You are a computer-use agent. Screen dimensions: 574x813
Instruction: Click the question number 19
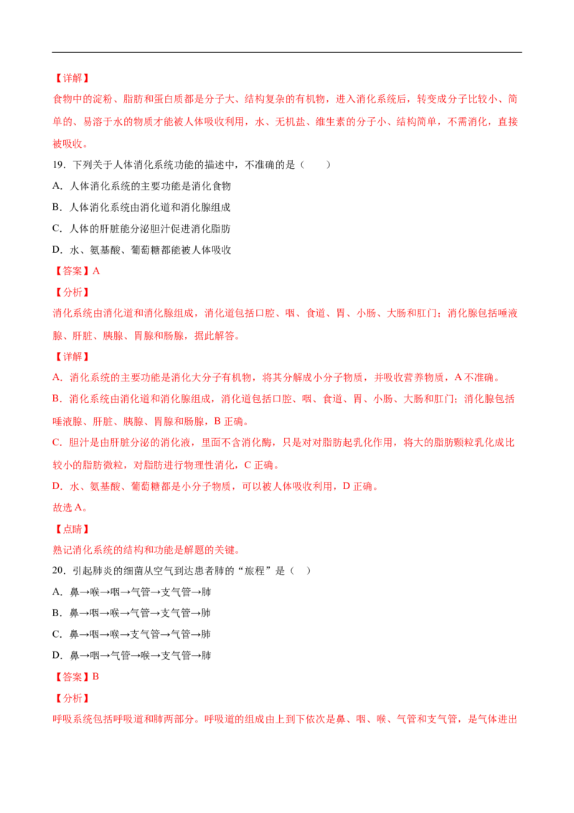(x=59, y=165)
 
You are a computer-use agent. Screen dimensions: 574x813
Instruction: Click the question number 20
(x=59, y=571)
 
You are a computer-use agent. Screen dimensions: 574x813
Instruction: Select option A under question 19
(x=142, y=186)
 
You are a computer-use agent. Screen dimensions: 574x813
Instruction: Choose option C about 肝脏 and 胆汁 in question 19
(x=141, y=228)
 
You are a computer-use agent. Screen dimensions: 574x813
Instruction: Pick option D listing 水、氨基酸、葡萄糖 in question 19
(x=142, y=250)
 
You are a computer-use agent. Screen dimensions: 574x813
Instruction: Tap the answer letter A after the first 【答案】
(x=96, y=271)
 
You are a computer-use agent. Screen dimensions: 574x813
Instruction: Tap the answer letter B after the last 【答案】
(x=95, y=677)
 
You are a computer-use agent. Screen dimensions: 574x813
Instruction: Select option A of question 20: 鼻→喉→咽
(x=131, y=592)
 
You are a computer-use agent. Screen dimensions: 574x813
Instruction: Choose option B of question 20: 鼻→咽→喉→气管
(x=131, y=613)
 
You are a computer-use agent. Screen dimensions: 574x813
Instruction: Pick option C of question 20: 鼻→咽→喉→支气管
(x=131, y=634)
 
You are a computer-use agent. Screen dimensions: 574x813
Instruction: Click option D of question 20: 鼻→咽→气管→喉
(x=131, y=656)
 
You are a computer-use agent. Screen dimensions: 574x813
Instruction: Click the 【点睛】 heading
(x=72, y=529)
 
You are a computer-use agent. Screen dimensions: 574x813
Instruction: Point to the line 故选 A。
(x=70, y=508)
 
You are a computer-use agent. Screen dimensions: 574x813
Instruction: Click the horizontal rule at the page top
(x=287, y=52)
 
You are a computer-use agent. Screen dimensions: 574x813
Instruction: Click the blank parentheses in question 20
(x=301, y=571)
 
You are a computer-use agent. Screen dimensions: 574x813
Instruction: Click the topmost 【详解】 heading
(x=72, y=78)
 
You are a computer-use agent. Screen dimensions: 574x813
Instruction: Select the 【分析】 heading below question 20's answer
(x=72, y=698)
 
